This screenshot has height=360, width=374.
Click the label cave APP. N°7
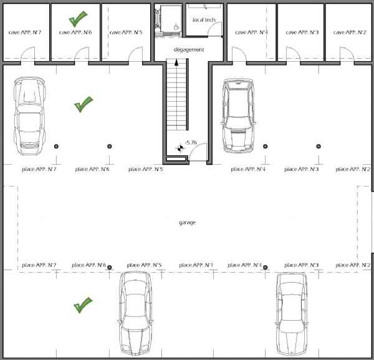point(25,32)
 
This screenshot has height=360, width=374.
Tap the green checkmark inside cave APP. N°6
point(78,19)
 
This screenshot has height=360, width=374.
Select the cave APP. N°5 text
point(126,32)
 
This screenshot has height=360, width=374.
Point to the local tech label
point(204,20)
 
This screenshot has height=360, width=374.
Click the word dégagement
point(189,50)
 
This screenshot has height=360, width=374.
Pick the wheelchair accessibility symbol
point(176,26)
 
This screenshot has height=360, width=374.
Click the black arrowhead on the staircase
point(176,62)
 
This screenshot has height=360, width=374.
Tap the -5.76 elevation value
point(191,143)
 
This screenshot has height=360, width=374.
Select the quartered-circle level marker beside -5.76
point(181,148)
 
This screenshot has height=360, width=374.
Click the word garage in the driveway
point(187,223)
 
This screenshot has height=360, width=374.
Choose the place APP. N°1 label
point(196,265)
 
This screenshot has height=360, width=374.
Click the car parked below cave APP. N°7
point(29,116)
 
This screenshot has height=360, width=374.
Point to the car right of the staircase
point(239,116)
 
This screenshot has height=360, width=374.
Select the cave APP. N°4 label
point(251,32)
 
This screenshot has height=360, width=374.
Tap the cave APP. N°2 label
point(350,32)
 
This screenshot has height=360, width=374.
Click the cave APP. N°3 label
point(302,32)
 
